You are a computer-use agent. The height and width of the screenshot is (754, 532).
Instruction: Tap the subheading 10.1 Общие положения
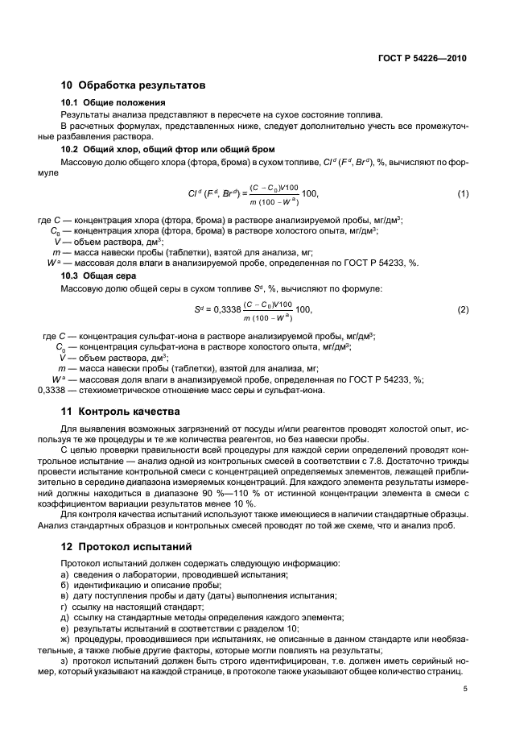click(113, 102)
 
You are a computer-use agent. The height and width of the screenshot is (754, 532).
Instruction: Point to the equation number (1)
click(463, 194)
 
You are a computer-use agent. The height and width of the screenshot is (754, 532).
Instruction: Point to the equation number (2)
click(463, 309)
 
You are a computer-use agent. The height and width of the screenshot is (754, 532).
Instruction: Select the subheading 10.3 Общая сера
click(102, 275)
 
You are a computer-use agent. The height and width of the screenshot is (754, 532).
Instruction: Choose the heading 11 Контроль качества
click(122, 412)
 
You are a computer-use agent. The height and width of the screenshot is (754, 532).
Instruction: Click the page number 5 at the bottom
click(465, 689)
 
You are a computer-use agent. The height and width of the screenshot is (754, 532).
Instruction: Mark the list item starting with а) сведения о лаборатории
click(163, 574)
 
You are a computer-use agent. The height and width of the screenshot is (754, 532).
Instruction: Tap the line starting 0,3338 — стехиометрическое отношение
click(181, 391)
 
